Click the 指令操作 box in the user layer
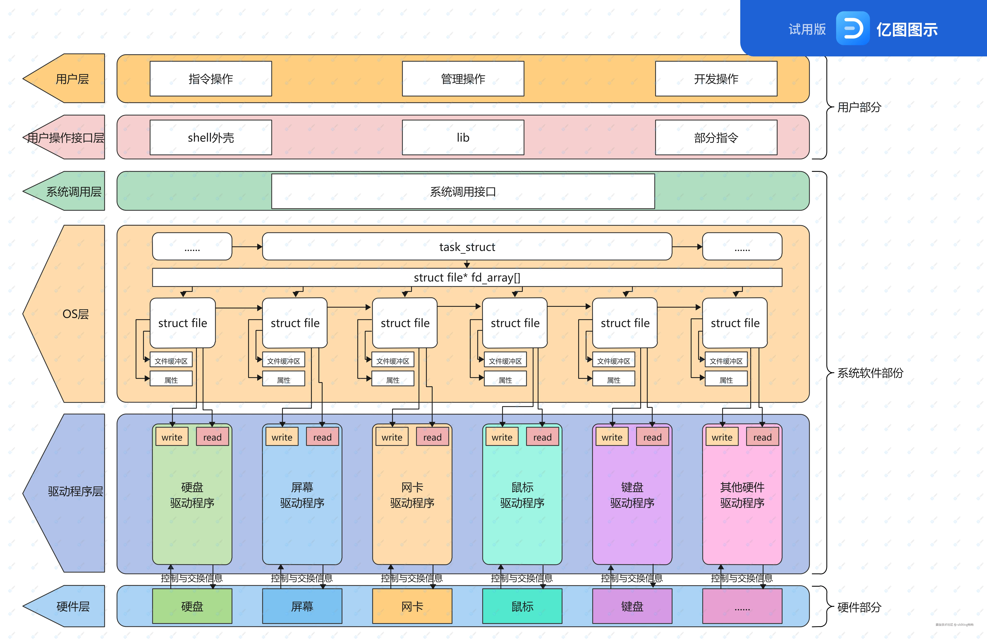pos(211,79)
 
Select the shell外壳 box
pos(211,137)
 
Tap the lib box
pos(463,137)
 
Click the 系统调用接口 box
pos(463,191)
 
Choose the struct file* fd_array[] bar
pos(467,277)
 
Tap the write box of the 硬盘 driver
pos(172,437)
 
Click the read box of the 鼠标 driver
pos(542,437)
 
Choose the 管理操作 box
pos(463,79)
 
